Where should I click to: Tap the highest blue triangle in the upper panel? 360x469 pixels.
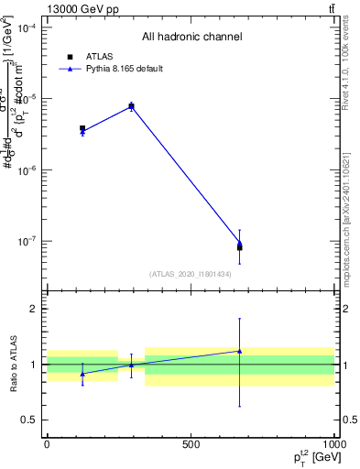pyautogui.click(x=131, y=106)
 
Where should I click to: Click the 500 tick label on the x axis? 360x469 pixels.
pyautogui.click(x=191, y=445)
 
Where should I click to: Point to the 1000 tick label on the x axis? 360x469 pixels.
pyautogui.click(x=333, y=445)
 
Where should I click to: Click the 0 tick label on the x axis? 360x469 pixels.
pyautogui.click(x=47, y=445)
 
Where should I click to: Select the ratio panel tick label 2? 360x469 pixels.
pyautogui.click(x=36, y=309)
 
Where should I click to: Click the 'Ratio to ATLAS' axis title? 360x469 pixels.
pyautogui.click(x=13, y=365)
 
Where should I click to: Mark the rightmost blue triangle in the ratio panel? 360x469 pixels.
pyautogui.click(x=239, y=351)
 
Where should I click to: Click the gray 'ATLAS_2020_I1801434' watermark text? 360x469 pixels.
pyautogui.click(x=191, y=274)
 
